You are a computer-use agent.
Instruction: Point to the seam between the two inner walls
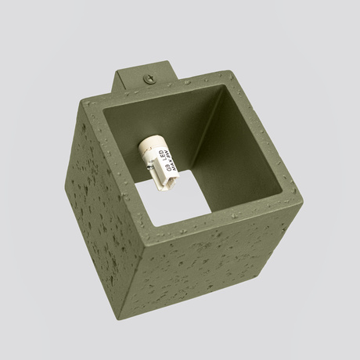click(x=224, y=117)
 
